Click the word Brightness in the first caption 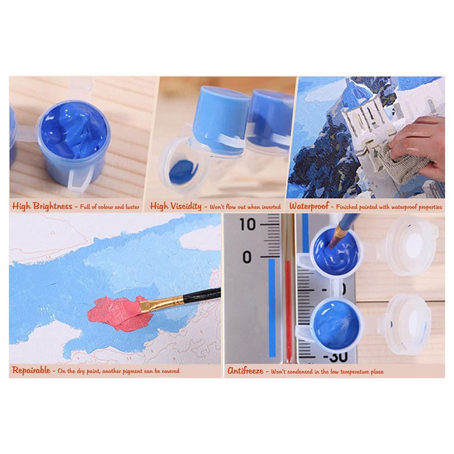click(53, 206)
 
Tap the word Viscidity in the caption click(186, 206)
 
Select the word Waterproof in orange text click(309, 206)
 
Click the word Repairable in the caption click(31, 370)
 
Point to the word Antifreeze click(245, 371)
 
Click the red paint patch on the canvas click(119, 313)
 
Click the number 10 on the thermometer click(247, 224)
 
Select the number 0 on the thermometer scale click(247, 257)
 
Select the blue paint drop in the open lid click(183, 172)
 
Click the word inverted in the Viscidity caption click(271, 207)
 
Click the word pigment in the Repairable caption click(133, 371)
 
